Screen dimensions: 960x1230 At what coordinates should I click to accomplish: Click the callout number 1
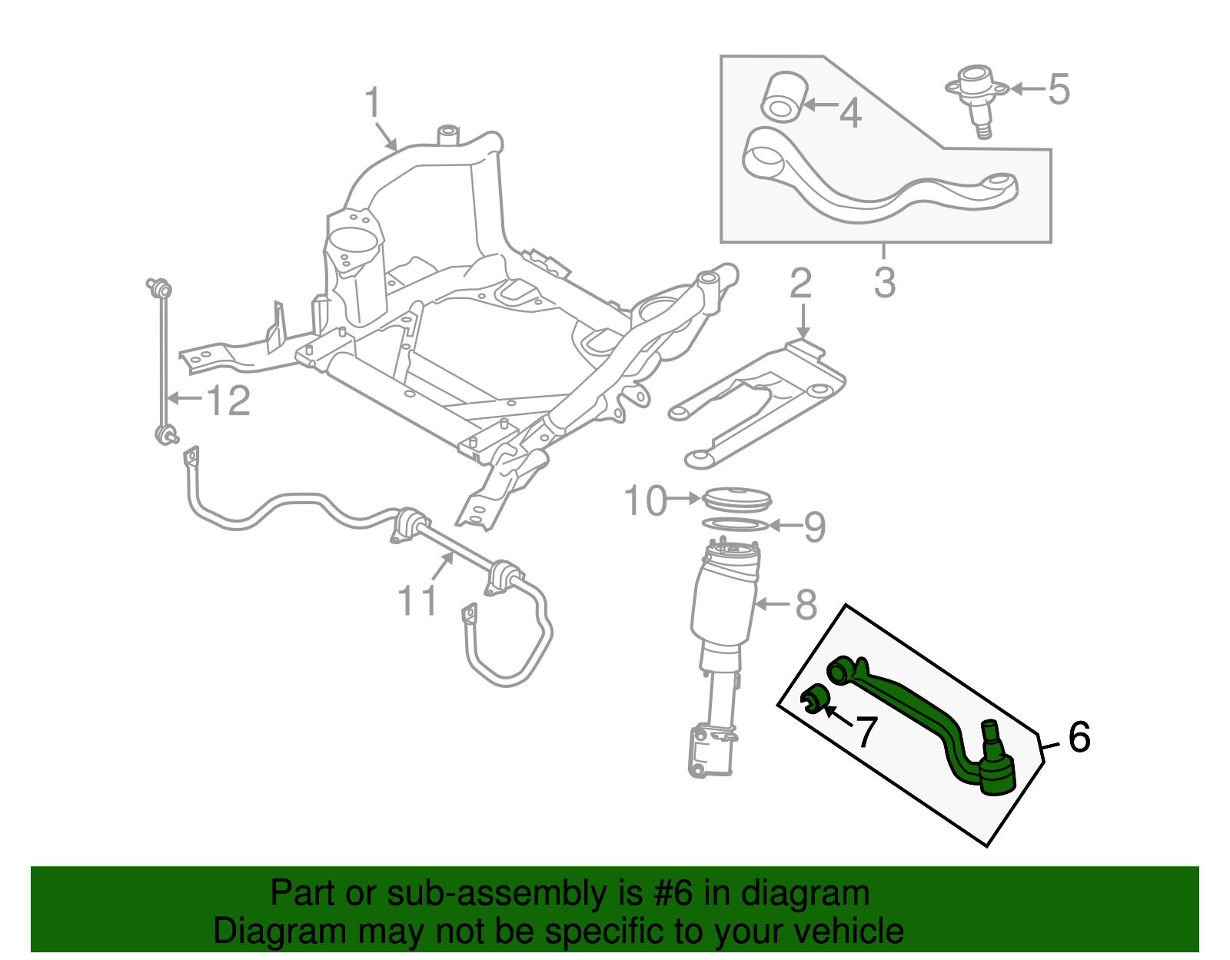coord(373,103)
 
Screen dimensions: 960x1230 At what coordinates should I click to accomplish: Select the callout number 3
coord(885,282)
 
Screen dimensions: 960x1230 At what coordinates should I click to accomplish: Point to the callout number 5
coord(1059,89)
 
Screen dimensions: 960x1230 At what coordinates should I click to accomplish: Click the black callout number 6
coord(1079,737)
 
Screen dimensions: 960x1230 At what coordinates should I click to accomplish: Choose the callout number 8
coord(806,605)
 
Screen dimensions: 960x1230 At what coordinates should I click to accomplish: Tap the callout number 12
coord(229,400)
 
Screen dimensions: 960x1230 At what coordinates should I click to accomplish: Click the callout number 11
coord(417,600)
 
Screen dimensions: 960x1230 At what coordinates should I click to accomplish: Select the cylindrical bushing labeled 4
coord(782,98)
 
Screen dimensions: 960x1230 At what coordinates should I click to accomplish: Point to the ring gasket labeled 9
coord(735,525)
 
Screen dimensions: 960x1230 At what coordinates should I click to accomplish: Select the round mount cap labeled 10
coord(736,498)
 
